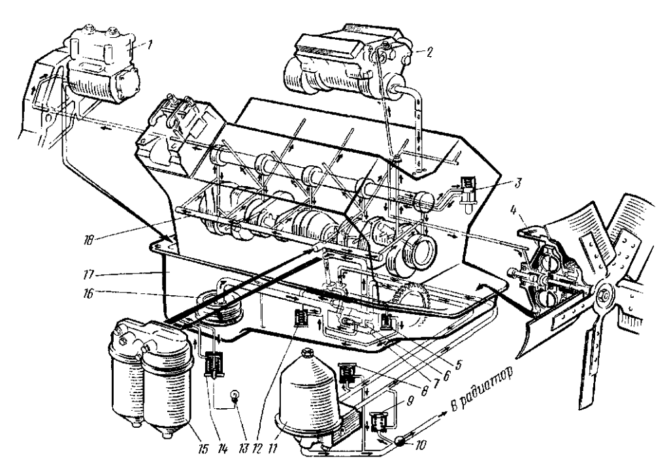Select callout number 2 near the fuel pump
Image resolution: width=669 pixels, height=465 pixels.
[429, 52]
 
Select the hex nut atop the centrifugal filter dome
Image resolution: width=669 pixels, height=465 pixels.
[306, 354]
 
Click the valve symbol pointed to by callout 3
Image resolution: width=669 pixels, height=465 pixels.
[469, 190]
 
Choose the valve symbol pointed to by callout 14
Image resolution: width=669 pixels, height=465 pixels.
[214, 363]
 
